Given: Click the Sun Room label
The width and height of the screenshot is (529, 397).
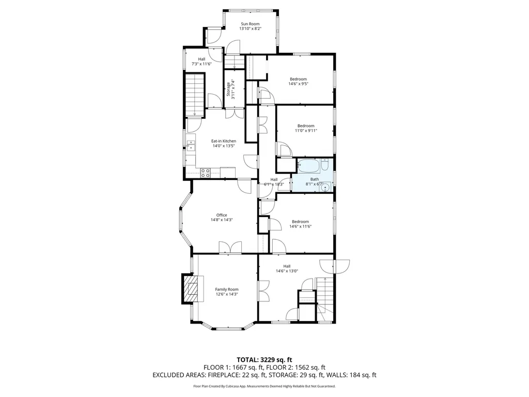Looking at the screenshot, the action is (x=251, y=24).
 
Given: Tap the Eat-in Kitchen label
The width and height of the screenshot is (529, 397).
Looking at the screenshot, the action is (x=224, y=141).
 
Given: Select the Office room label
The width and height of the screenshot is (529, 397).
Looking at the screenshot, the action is (x=222, y=215).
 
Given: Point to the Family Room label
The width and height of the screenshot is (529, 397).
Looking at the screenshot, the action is (x=227, y=289).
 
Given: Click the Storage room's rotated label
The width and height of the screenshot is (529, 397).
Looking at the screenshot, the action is (x=228, y=89).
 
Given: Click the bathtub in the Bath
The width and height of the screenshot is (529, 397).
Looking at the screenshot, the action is (x=308, y=166).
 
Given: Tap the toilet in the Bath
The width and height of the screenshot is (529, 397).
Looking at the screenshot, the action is (x=325, y=165).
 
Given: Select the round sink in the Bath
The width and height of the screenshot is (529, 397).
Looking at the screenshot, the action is (x=325, y=187).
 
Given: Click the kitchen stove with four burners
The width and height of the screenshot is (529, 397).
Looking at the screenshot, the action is (x=205, y=173).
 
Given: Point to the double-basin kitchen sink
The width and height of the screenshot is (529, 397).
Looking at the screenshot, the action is (x=191, y=146).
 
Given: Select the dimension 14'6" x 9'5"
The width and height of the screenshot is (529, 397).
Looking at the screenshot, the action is (x=298, y=84).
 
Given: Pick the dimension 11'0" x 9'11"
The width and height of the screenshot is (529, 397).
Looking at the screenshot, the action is (x=306, y=131).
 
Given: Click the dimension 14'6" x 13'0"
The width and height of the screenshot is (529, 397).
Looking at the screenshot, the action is (x=287, y=271).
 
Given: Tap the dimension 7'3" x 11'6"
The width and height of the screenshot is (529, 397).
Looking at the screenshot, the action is (x=201, y=64).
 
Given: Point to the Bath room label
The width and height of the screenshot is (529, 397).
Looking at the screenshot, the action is (x=315, y=179).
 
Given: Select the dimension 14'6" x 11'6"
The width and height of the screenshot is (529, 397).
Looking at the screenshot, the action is (x=300, y=226).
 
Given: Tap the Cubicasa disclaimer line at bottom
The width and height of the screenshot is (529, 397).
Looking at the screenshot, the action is (x=264, y=386).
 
